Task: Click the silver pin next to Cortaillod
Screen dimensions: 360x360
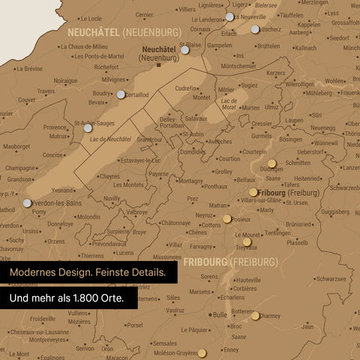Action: (x=121, y=94)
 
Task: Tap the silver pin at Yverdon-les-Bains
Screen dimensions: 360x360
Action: (x=28, y=202)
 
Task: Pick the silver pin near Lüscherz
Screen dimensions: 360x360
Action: (x=256, y=28)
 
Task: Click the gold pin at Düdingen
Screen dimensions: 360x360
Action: (x=271, y=162)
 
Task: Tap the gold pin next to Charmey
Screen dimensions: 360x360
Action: (x=255, y=316)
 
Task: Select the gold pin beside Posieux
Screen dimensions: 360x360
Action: (x=227, y=219)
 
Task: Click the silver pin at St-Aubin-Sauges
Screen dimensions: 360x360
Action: (x=88, y=128)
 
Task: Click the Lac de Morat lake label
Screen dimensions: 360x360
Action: (x=229, y=103)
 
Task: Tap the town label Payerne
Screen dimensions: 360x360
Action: (x=158, y=173)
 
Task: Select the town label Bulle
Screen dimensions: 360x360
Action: (x=219, y=316)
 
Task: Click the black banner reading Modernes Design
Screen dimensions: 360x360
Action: (x=88, y=272)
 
